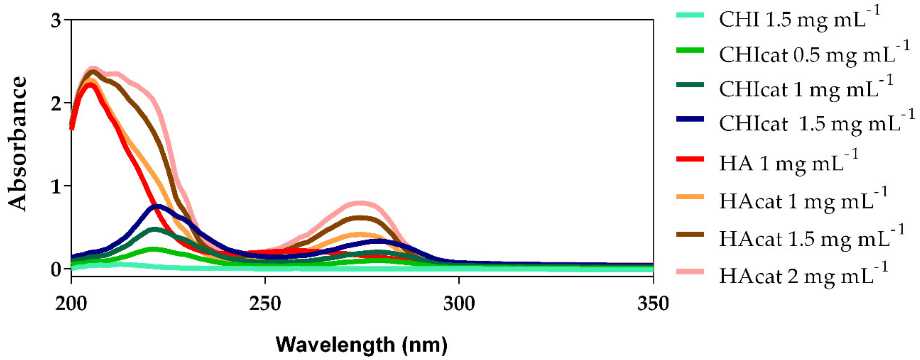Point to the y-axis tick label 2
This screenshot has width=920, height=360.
click(x=56, y=104)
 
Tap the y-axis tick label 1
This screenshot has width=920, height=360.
click(x=56, y=186)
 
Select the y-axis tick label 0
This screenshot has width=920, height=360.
click(x=56, y=269)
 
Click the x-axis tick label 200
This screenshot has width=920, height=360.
click(x=71, y=304)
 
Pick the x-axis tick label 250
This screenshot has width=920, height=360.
click(x=265, y=304)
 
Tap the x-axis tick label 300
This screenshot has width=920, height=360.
click(x=459, y=304)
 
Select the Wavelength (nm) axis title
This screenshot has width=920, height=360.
click(x=361, y=345)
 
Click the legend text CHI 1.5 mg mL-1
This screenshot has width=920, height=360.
click(x=798, y=20)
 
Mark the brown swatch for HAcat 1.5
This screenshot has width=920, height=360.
click(x=690, y=234)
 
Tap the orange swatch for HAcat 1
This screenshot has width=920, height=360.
click(x=690, y=197)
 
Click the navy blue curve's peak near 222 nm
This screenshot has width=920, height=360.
click(x=157, y=206)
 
